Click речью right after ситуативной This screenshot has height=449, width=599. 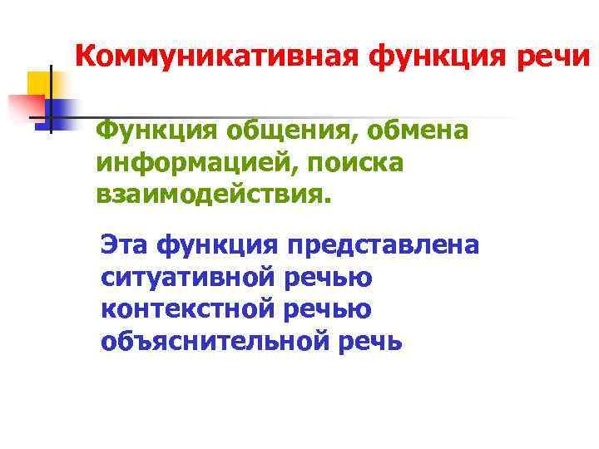(327, 277)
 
